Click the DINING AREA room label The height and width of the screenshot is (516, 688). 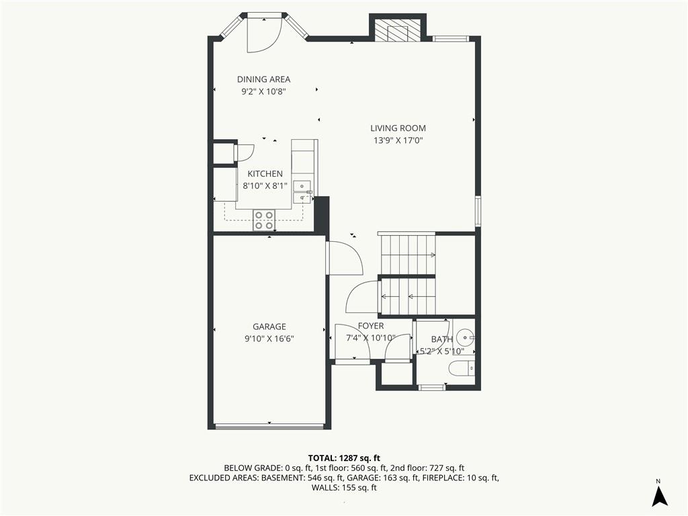pyautogui.click(x=263, y=79)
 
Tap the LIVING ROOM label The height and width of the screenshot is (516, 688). pyautogui.click(x=398, y=128)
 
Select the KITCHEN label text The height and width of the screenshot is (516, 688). pyautogui.click(x=265, y=174)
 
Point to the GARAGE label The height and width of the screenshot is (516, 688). pyautogui.click(x=269, y=327)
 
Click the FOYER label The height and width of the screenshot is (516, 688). pyautogui.click(x=371, y=326)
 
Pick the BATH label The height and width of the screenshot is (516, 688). pyautogui.click(x=442, y=339)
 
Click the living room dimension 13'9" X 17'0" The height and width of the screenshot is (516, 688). pyautogui.click(x=398, y=140)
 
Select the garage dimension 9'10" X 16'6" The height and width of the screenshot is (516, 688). pyautogui.click(x=269, y=339)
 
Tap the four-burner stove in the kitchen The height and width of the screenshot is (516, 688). pyautogui.click(x=263, y=220)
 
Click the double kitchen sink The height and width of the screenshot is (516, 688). pyautogui.click(x=302, y=192)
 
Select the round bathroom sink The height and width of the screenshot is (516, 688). pyautogui.click(x=465, y=338)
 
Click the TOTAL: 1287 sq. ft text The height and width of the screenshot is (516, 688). pyautogui.click(x=344, y=458)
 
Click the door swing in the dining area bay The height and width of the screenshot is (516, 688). pyautogui.click(x=263, y=34)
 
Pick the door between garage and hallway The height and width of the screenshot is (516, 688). pyautogui.click(x=345, y=259)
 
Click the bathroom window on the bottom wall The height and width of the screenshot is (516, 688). pyautogui.click(x=432, y=388)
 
